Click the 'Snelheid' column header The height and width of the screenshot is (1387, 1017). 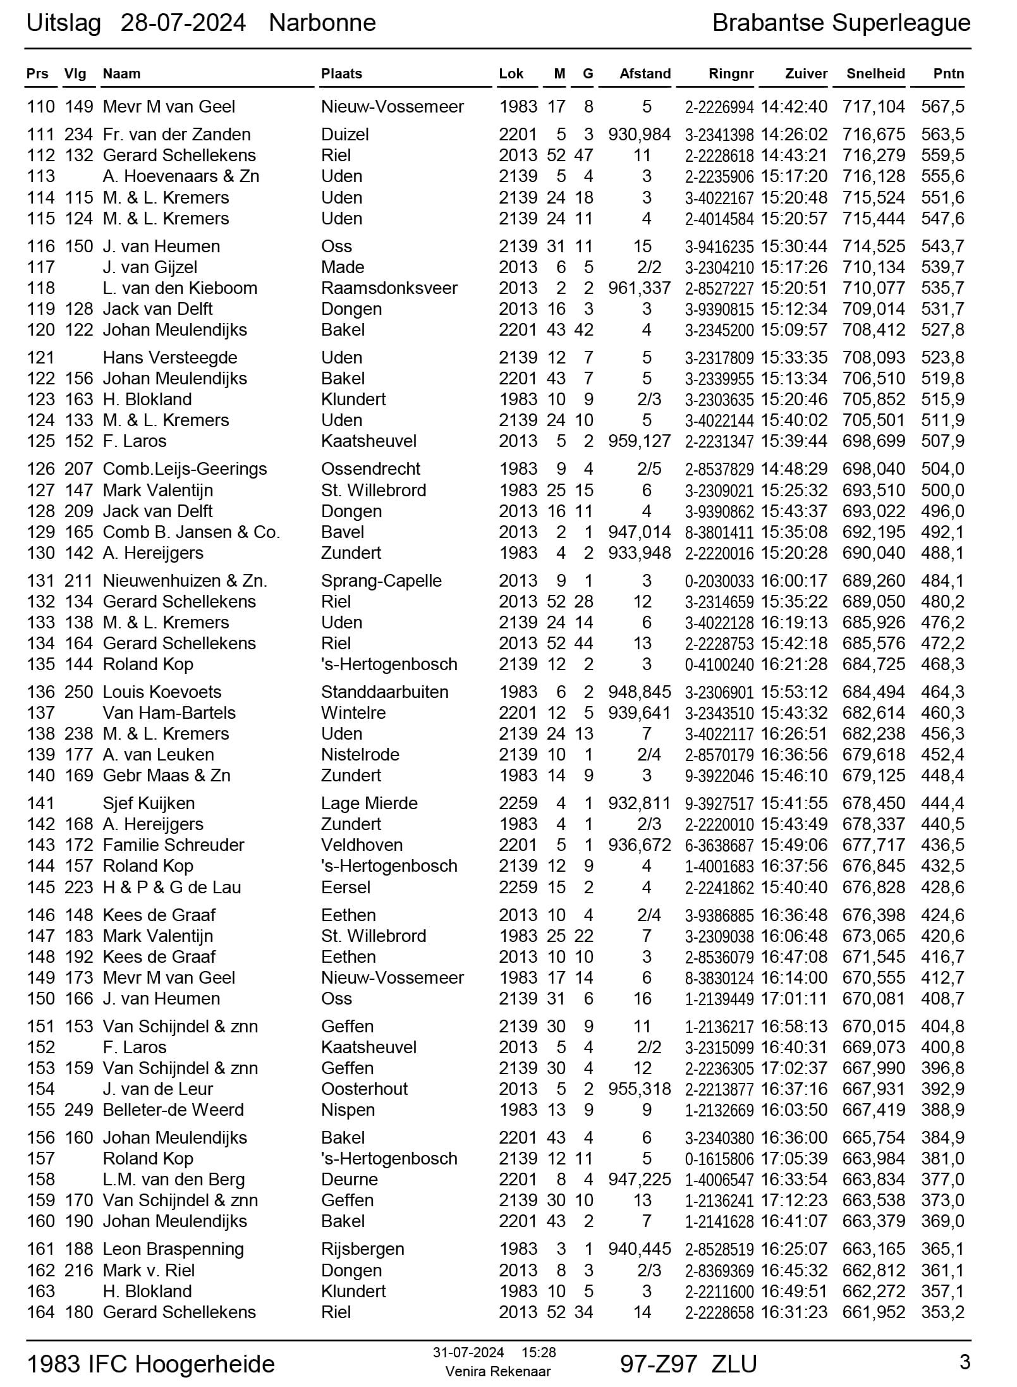point(875,74)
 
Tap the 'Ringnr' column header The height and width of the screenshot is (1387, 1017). point(731,74)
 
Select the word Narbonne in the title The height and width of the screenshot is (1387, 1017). point(322,23)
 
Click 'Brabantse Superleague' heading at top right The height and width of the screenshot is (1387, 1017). point(841,23)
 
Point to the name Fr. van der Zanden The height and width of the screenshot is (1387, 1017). point(176,135)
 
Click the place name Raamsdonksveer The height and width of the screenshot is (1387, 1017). point(389,288)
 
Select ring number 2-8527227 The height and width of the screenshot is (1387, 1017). point(719,289)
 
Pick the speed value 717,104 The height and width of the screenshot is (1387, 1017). point(874,107)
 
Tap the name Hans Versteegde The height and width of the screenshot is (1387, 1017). point(169,358)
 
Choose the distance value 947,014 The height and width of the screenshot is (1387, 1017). point(639,532)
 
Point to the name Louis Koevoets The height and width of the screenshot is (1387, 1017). point(162,692)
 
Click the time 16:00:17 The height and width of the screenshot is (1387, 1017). point(793,581)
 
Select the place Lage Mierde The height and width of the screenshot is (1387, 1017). point(369,803)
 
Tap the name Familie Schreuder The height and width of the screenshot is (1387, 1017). point(173,845)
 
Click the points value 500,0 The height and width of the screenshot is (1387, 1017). point(942,491)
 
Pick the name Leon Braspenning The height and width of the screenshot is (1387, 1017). point(173,1249)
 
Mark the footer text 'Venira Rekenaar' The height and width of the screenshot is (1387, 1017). point(497,1371)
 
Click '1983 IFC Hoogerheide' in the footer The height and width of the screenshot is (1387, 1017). point(150,1364)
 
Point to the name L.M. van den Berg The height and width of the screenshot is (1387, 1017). point(173,1180)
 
